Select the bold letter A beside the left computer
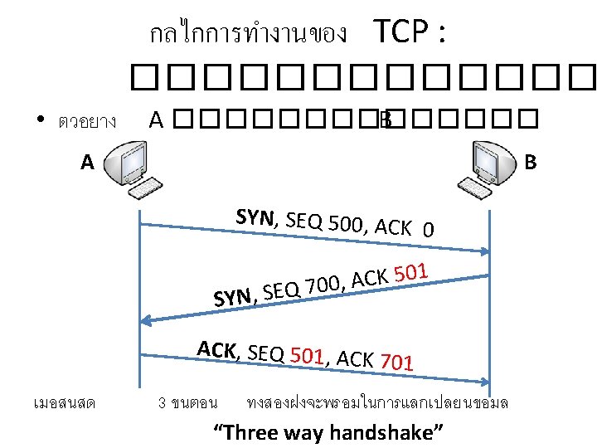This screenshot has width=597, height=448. click(88, 163)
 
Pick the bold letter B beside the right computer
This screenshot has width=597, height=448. click(531, 160)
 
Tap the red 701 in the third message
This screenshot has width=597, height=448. click(396, 362)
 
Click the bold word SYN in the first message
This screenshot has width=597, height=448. click(255, 217)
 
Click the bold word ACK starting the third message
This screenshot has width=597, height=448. click(217, 350)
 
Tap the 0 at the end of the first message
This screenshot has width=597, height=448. click(426, 229)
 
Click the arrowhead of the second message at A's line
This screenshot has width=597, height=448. click(148, 319)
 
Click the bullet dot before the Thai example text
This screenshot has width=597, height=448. click(40, 122)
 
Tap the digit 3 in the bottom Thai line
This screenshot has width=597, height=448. click(161, 403)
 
